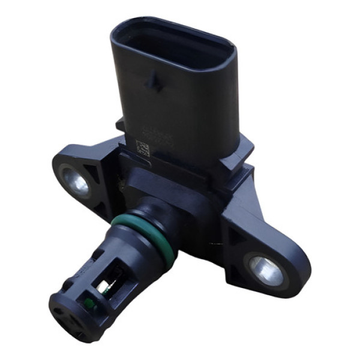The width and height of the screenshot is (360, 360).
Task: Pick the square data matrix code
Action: click(143, 148)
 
